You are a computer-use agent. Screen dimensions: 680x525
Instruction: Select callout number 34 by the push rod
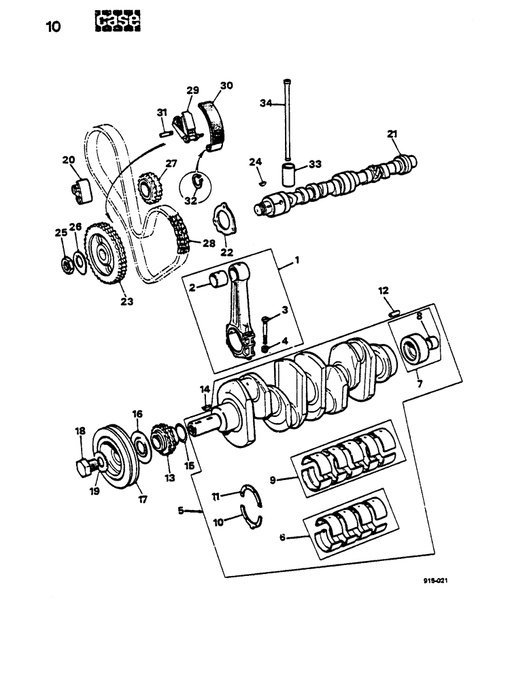tap(266, 103)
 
